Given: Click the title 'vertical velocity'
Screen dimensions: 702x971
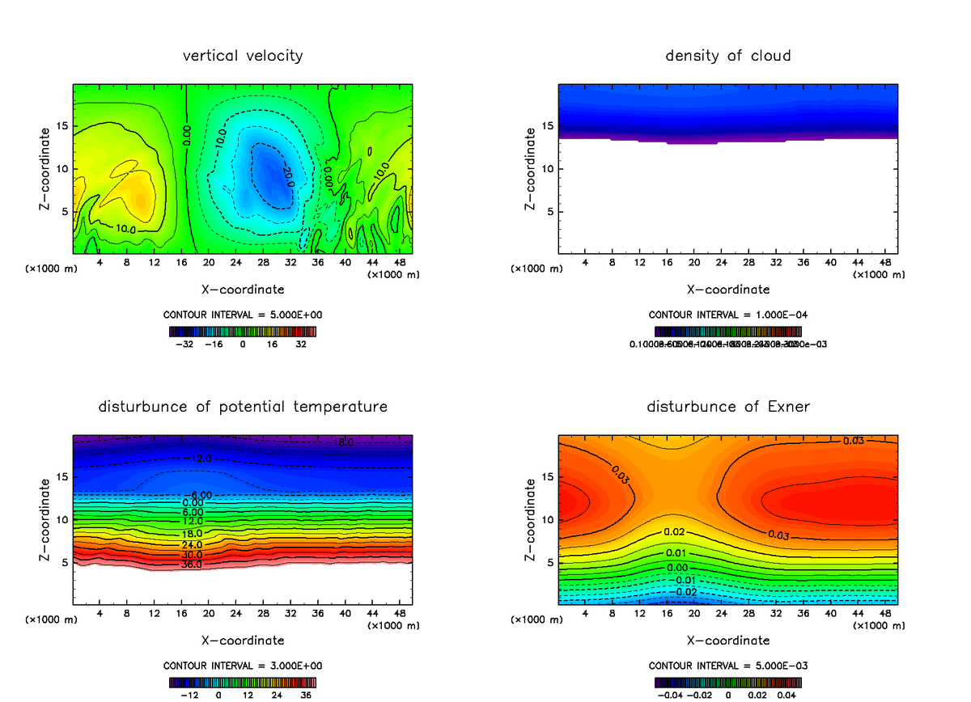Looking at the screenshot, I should coord(243,56).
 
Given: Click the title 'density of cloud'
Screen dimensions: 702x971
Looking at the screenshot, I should coord(727,56).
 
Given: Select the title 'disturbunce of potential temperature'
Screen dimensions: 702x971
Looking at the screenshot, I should coord(243,406).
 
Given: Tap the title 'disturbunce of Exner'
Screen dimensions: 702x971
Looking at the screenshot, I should coord(727,406).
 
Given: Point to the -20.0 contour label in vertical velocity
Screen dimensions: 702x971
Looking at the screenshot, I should coord(289,174).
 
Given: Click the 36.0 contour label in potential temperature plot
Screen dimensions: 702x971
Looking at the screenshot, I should coord(191,564).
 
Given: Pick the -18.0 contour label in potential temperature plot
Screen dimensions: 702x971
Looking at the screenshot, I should coord(343,443).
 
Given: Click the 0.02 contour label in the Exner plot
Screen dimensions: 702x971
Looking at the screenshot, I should coord(675,531).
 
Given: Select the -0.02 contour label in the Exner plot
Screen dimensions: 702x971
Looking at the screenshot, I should coord(686,591).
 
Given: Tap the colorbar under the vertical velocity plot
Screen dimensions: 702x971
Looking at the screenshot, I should coord(243,332).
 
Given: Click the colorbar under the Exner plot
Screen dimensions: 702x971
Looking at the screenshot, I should coord(727,683).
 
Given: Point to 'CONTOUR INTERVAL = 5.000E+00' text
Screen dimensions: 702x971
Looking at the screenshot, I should coord(243,315).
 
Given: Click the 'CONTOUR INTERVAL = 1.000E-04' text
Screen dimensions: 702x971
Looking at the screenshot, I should coord(727,315).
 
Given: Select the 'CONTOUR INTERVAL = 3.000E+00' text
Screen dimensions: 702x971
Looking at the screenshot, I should coord(243,666).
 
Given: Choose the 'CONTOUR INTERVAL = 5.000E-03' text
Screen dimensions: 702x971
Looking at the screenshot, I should coord(727,666).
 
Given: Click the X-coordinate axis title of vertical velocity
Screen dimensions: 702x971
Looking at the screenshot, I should coord(243,289).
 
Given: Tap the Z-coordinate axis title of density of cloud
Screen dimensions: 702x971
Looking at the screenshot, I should coord(530,170).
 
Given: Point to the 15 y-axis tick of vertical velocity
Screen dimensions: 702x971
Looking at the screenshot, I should coord(61,126).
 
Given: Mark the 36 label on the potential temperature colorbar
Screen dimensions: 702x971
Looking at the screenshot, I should coord(307,695).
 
